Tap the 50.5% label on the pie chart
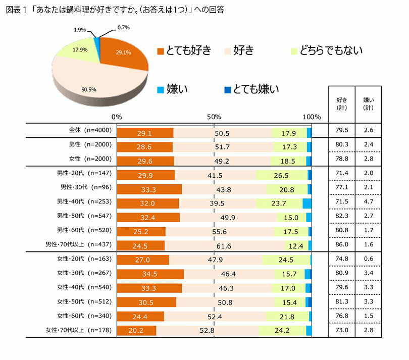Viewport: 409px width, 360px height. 88,89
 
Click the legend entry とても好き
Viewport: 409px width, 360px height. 184,51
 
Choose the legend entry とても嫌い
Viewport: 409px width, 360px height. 251,90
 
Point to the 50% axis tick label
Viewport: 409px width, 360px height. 215,117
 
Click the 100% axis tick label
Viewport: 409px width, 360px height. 312,117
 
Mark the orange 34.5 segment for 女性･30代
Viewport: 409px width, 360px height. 150,274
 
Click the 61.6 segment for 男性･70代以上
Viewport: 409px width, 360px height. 236,246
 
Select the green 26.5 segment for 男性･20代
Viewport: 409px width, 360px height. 281,175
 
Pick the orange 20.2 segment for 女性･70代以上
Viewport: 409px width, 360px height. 136,331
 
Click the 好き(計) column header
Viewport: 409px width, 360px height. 341,103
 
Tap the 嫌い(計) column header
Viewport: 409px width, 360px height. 369,103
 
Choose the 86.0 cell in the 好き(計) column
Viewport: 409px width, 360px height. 341,244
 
